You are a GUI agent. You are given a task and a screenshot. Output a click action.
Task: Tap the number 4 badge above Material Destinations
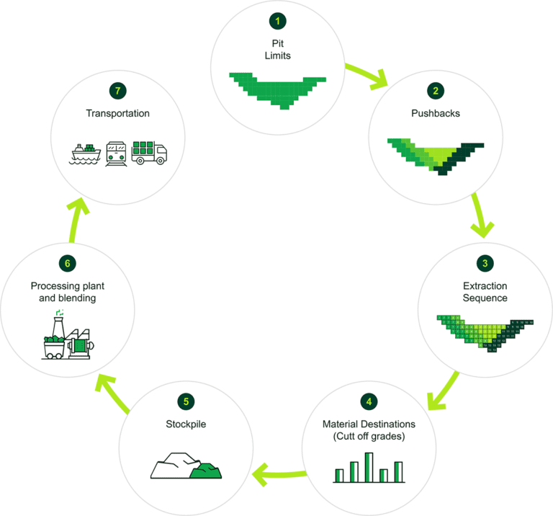369,401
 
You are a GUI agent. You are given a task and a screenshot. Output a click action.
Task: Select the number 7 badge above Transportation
117,90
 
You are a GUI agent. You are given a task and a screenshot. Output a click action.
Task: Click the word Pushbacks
435,113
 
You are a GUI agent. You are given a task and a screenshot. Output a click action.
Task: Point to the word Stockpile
186,424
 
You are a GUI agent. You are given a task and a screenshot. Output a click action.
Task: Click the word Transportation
117,113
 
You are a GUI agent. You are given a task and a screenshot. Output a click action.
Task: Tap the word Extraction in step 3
485,286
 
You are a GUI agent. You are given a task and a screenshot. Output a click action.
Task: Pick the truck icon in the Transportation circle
150,153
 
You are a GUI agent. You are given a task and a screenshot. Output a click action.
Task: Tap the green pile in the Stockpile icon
206,470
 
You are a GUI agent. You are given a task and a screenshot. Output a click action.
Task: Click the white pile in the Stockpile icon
174,466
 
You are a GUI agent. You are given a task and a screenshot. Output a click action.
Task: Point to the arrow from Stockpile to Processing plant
112,393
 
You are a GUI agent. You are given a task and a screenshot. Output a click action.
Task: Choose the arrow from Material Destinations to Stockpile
281,473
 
